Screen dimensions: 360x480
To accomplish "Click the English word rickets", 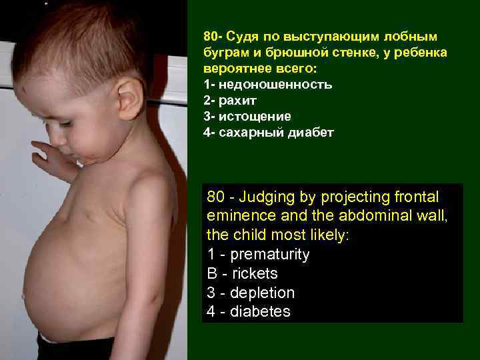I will pos(253,274).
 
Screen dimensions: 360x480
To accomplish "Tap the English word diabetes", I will pos(260,312).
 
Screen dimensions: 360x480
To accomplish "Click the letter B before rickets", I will pos(212,274).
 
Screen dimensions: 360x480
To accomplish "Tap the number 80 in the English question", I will pos(215,197).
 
